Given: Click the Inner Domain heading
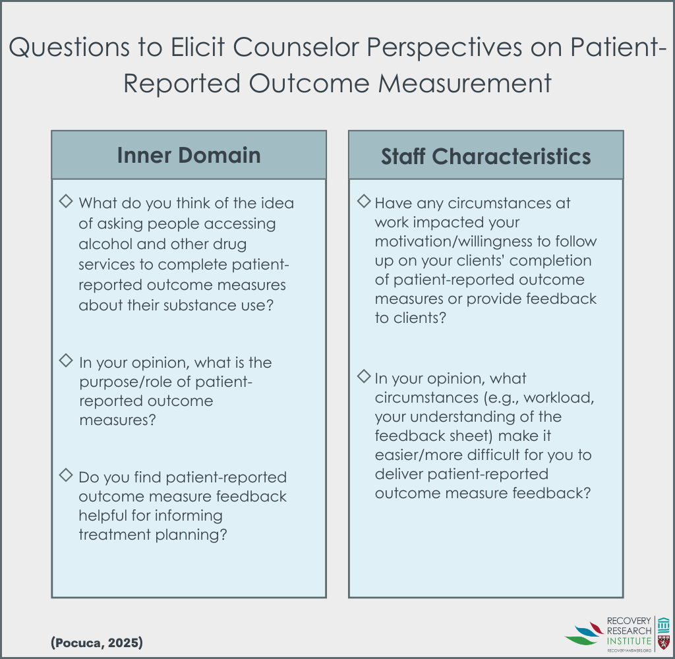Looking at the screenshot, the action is point(189,155).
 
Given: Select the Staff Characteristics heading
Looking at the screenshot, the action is point(486,156).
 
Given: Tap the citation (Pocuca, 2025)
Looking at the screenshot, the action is point(97,643).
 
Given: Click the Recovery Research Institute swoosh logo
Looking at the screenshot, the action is point(585,633).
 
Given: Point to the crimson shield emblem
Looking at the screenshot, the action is point(664,643).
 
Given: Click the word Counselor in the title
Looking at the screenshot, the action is point(296,47).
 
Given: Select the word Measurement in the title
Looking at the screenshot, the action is point(465,83).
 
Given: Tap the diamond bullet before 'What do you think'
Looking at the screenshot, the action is point(66,201).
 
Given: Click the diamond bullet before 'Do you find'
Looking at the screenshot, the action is point(66,475).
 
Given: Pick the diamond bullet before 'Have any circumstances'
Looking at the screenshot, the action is point(364,201).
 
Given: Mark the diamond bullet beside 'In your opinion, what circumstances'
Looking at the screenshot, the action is point(364,376).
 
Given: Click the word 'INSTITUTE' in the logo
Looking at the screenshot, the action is point(629,641).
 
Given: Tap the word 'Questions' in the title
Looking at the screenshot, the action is point(69,47).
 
